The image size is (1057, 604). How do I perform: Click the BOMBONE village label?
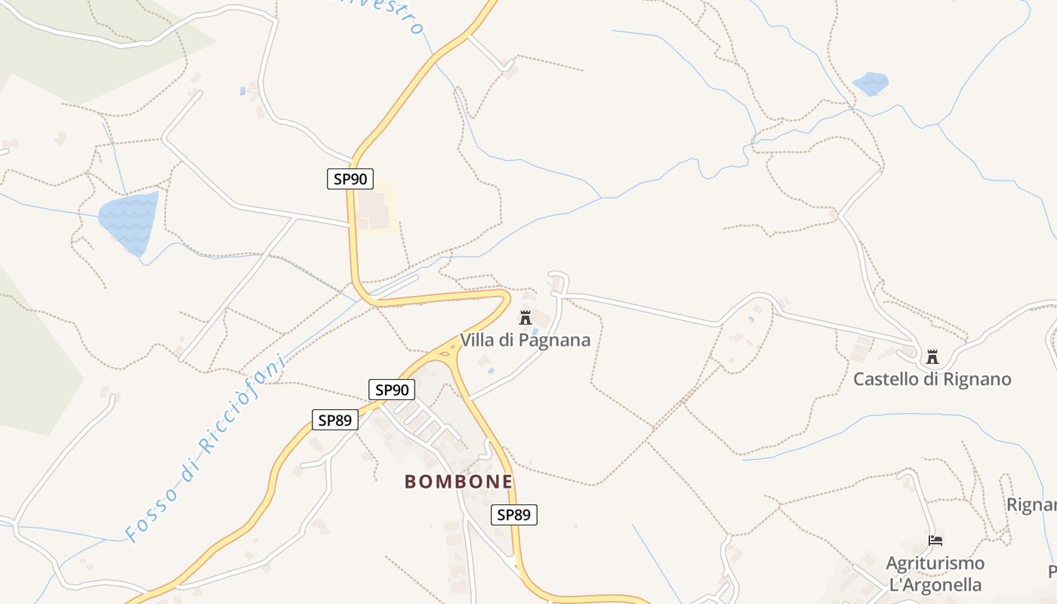coord(458,481)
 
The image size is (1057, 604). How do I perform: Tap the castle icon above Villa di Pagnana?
coord(525,317)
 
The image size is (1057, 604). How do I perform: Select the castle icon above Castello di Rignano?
coord(932,356)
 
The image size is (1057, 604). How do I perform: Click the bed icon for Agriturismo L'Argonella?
coord(935,541)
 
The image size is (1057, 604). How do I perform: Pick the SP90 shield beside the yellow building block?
coord(350,179)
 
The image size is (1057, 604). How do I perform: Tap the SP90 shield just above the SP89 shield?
coord(392,390)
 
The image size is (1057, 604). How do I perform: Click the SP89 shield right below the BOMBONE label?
coord(514,515)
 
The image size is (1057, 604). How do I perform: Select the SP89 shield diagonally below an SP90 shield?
coord(334,421)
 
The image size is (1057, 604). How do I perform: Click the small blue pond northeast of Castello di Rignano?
coord(871,83)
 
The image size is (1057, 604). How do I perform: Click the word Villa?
coord(477,341)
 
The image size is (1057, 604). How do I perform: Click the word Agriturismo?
coord(935,563)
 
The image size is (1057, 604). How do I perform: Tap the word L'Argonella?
coord(935,584)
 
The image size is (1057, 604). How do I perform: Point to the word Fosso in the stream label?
coord(152,510)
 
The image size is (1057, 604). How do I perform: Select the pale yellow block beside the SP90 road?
coord(376,208)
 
